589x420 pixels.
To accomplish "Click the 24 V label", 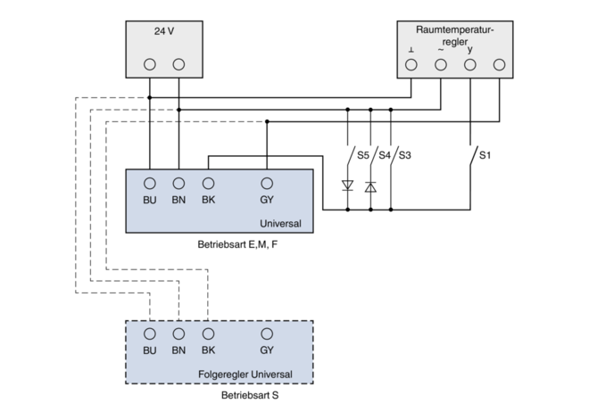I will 164,30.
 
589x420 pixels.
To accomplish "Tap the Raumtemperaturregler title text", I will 455,35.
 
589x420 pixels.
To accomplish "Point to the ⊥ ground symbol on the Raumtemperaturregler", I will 411,50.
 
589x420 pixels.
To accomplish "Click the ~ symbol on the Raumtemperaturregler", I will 440,50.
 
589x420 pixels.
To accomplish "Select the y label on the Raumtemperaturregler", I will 469,50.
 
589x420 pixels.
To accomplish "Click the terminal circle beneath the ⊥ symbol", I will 411,64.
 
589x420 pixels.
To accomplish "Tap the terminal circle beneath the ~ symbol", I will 440,64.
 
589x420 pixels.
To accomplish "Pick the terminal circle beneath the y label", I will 469,64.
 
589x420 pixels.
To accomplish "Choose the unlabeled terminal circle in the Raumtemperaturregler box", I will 499,64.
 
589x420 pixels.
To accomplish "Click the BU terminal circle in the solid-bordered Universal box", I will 150,183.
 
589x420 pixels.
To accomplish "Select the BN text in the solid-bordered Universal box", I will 178,200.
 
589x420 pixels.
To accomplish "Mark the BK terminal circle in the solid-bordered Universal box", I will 208,183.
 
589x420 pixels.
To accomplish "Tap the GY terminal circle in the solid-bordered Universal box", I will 267,183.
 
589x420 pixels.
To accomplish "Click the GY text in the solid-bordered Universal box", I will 267,200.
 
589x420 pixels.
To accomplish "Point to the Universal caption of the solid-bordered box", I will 280,223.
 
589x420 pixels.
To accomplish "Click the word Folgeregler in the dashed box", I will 224,373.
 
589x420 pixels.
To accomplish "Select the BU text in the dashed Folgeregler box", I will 150,350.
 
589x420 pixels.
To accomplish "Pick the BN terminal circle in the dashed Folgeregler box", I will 178,334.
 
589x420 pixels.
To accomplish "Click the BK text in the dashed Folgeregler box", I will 208,350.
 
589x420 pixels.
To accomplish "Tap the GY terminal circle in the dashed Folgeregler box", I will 267,334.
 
